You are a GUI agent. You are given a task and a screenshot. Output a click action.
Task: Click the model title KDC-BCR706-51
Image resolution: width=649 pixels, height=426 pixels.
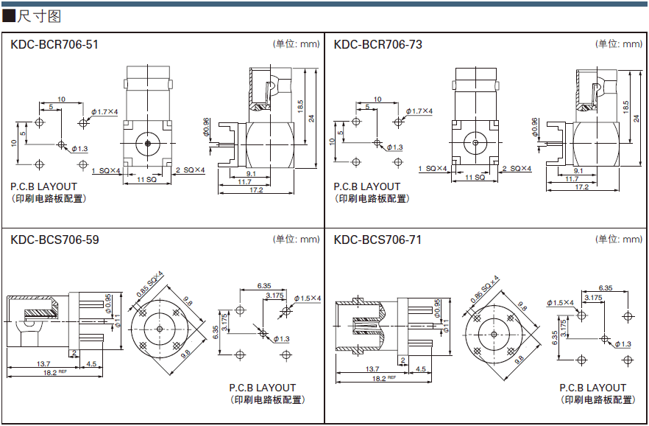(x=54, y=45)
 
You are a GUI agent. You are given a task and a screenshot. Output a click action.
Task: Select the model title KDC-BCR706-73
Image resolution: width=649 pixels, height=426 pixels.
(x=377, y=45)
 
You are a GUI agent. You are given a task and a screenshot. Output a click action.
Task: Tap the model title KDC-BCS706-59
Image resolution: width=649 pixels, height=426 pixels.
(x=54, y=240)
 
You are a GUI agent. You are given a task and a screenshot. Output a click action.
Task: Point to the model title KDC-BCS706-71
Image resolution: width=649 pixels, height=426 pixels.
(x=377, y=240)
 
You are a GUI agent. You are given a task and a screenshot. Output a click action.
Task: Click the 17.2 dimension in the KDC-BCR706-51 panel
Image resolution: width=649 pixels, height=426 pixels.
(x=256, y=190)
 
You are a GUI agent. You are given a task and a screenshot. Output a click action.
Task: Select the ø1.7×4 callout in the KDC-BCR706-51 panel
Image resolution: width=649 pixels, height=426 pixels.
(x=104, y=111)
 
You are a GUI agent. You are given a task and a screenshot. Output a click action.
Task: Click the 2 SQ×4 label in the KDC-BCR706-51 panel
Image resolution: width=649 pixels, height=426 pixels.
(x=190, y=170)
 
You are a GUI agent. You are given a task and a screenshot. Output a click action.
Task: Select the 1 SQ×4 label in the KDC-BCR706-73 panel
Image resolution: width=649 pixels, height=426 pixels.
(x=433, y=170)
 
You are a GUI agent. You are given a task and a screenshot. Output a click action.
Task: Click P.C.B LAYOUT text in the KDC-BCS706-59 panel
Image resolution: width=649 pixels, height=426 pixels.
(x=262, y=388)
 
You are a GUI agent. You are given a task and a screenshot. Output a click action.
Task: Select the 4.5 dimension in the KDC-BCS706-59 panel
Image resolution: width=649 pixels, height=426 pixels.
(x=91, y=364)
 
